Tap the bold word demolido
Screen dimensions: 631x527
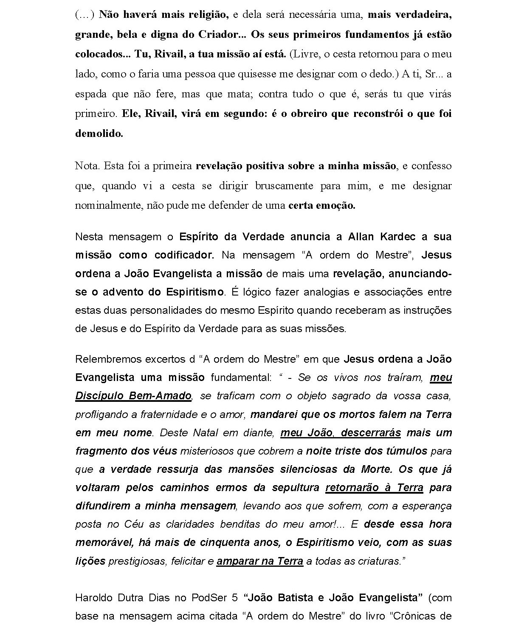[99, 134]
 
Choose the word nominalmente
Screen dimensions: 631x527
[108, 205]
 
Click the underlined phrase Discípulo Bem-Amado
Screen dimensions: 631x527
[133, 396]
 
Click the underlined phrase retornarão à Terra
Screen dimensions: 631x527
[374, 488]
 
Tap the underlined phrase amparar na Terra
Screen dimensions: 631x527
[260, 561]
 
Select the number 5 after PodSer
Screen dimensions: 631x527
[234, 598]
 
